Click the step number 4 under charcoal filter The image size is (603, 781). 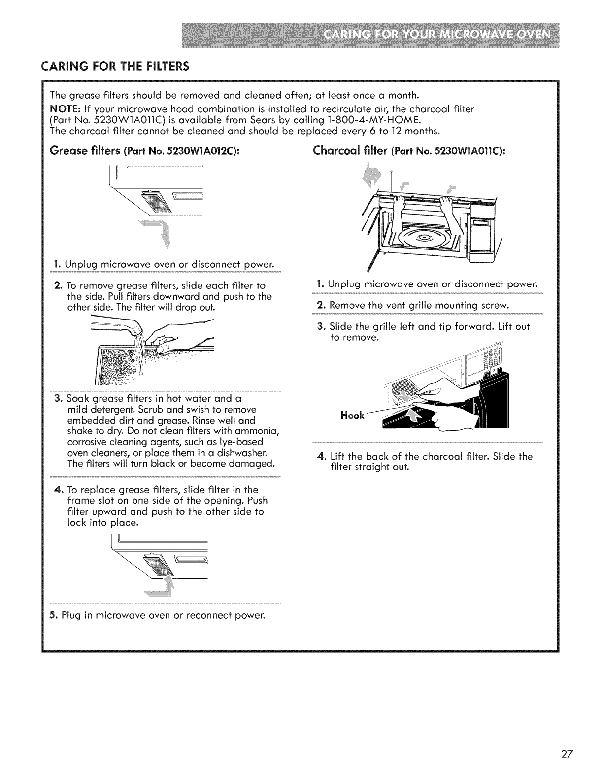pos(320,457)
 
